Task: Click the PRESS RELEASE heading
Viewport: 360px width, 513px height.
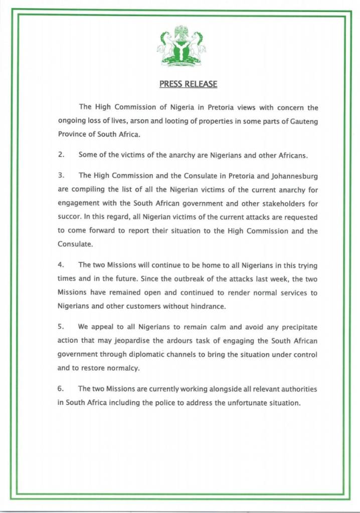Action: point(188,84)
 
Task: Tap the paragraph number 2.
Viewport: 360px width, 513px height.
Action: point(61,155)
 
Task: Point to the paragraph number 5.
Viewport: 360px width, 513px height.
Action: point(61,327)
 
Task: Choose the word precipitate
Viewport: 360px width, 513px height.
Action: point(297,327)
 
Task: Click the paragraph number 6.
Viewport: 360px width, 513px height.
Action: point(61,389)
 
